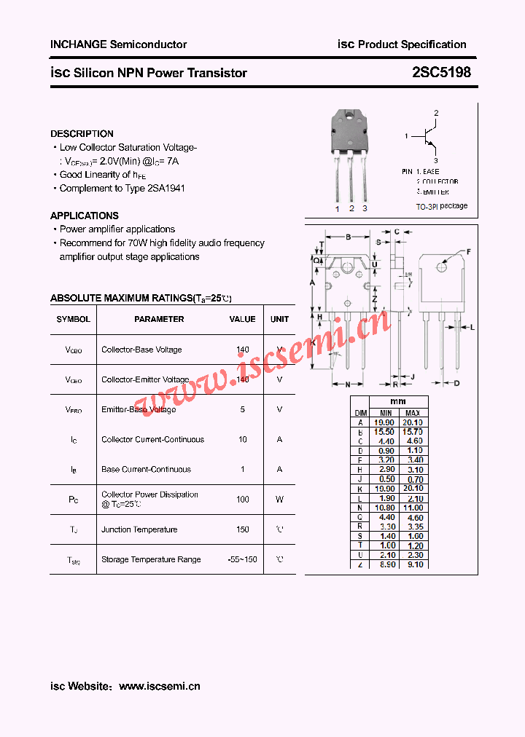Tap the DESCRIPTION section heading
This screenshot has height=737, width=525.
coord(82,134)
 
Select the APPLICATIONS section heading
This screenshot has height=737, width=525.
coord(84,216)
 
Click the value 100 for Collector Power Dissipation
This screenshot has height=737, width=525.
coord(243,500)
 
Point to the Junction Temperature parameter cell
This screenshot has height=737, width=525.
coord(139,529)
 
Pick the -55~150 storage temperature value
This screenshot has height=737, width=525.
coord(242,559)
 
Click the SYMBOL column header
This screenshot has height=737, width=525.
coord(74,319)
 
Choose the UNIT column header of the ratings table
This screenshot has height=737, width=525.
coord(279,319)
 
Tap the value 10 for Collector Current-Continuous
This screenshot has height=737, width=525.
coord(243,439)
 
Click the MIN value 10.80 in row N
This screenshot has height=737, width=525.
coord(386,508)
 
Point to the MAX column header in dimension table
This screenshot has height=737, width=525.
coord(413,413)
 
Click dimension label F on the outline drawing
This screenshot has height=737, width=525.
coord(468,251)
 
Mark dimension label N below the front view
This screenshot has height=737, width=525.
coord(348,384)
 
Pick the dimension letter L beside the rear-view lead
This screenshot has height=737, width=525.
coord(472,328)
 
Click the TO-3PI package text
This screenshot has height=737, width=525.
coord(442,206)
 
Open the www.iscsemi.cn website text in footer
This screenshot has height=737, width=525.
coord(159,686)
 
